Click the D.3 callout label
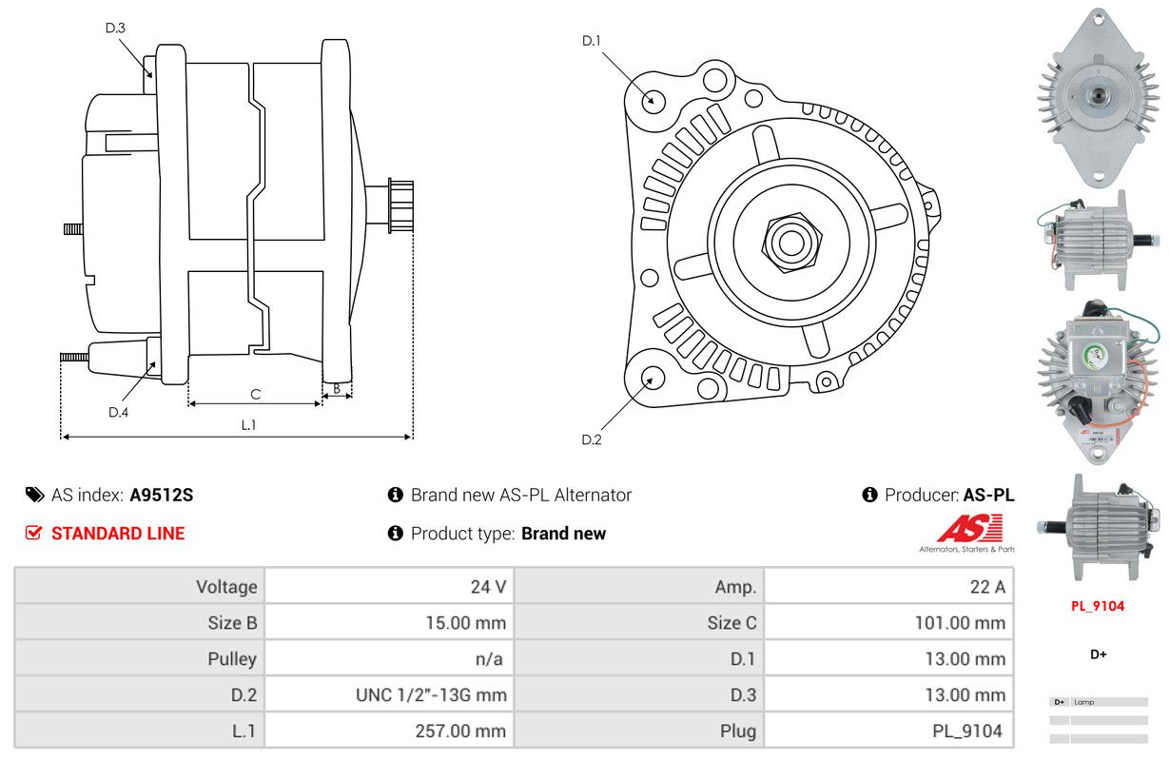point(115,28)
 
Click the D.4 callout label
point(118,412)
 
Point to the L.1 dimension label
point(248,425)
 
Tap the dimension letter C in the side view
point(255,394)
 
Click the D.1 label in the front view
point(592,40)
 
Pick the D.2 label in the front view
point(592,439)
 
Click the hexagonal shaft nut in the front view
point(790,242)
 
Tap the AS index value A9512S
point(162,495)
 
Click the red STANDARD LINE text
point(118,534)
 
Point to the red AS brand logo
point(969,529)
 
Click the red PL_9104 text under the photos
point(1097,606)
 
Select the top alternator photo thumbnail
point(1099,95)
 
